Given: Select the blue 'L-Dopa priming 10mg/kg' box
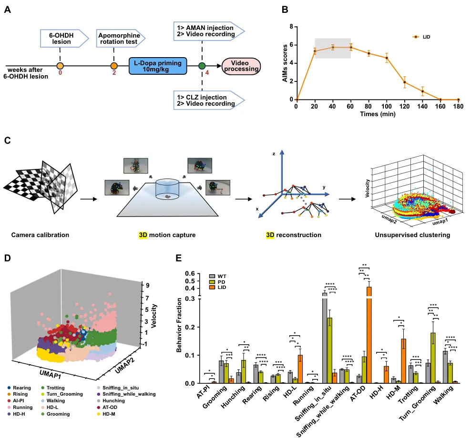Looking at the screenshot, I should pyautogui.click(x=157, y=66).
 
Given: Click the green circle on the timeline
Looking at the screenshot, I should pyautogui.click(x=202, y=66).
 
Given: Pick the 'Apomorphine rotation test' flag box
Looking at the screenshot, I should pyautogui.click(x=118, y=38).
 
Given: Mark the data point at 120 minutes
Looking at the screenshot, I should pyautogui.click(x=405, y=82).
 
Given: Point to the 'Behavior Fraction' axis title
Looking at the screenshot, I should pyautogui.click(x=180, y=325).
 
